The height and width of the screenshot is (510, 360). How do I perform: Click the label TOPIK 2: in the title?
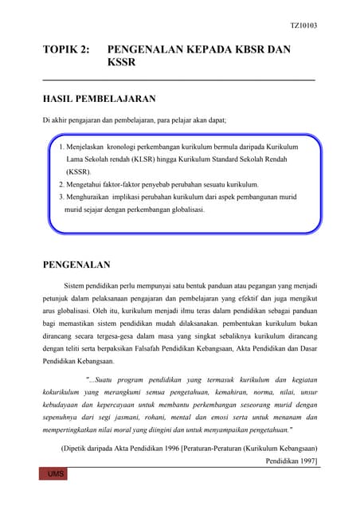[x=66, y=50]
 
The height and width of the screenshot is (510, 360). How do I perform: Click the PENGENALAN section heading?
[x=76, y=265]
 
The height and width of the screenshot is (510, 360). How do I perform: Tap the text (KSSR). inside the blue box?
[x=79, y=171]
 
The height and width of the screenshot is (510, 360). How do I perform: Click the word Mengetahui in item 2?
[x=86, y=183]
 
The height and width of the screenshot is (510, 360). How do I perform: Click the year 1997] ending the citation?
[x=307, y=461]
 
